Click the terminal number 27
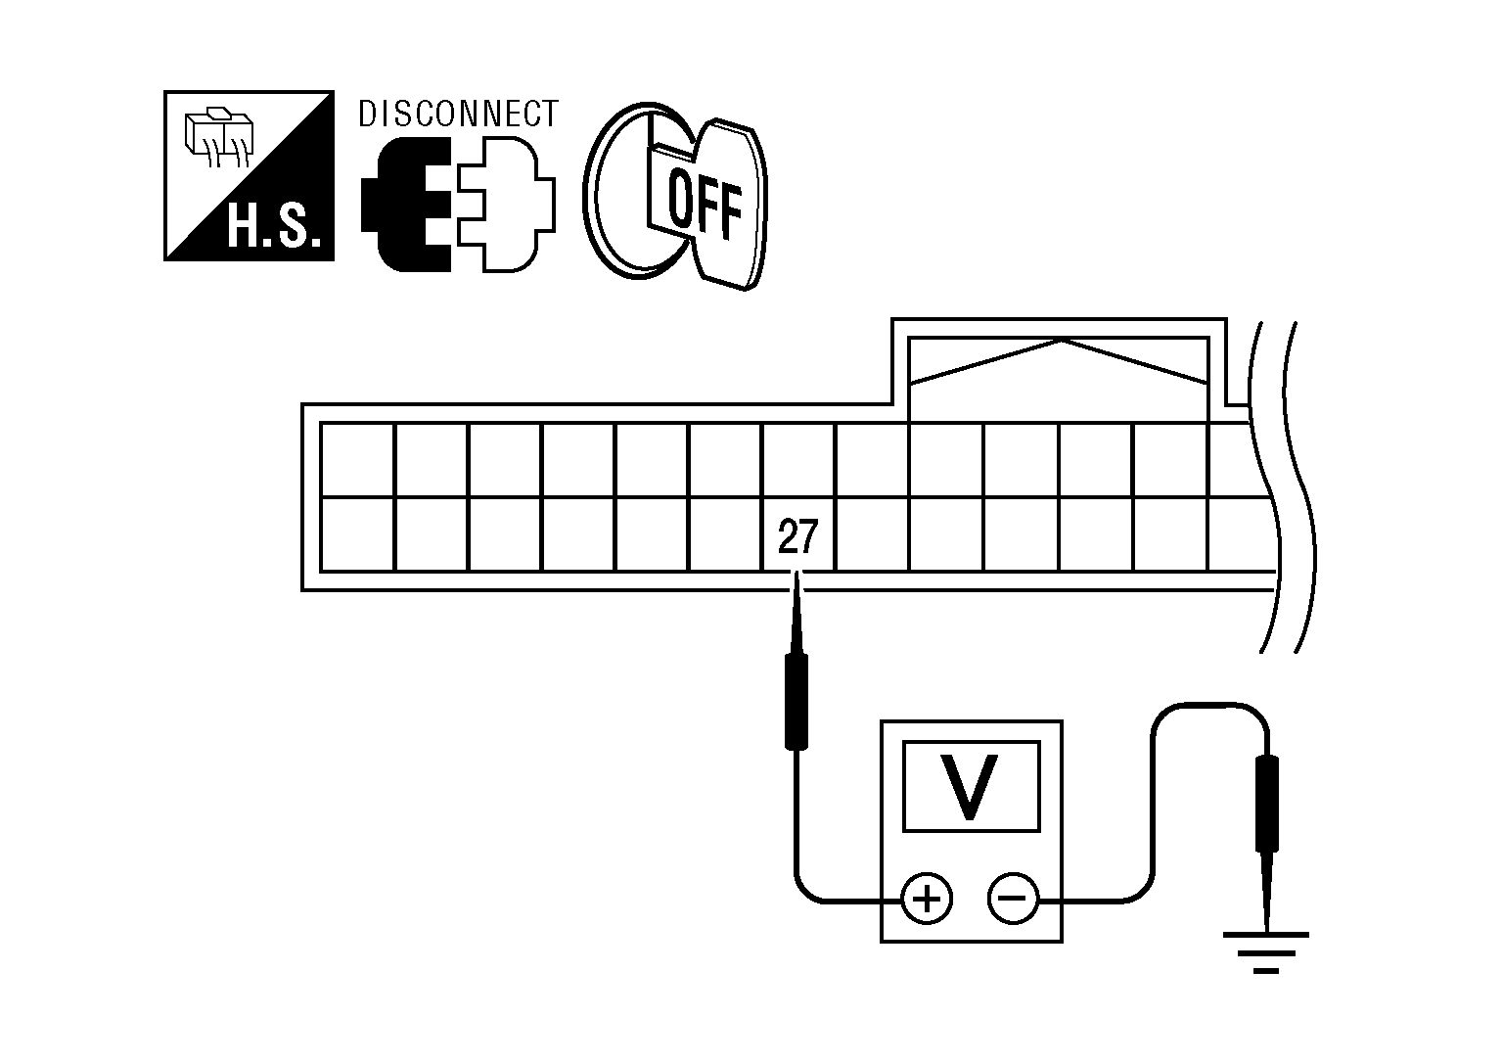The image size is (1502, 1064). point(796,538)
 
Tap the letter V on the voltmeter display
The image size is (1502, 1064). point(970,786)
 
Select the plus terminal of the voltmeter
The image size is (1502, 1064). point(926,899)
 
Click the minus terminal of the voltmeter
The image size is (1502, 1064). point(1013,899)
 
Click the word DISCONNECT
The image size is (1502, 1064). point(458,115)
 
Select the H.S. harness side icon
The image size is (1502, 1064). point(250,176)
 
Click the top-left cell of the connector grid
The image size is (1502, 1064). point(358,460)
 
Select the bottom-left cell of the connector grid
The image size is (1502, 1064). point(358,534)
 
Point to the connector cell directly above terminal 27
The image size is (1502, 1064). point(798,460)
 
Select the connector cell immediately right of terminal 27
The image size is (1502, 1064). point(873,534)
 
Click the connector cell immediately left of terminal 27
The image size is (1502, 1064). point(725,534)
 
